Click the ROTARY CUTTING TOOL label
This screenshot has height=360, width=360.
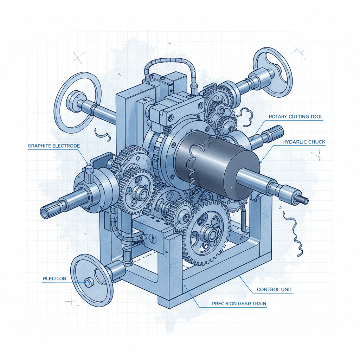coord(295,116)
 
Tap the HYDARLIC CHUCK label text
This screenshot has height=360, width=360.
coord(304,142)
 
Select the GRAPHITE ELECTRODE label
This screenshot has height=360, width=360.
coord(53,146)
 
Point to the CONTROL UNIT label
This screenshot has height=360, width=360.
coord(275,290)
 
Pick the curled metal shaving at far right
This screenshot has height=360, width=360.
coord(294,232)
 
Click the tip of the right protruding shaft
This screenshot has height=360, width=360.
coord(305,200)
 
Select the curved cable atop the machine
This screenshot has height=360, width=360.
coord(169,65)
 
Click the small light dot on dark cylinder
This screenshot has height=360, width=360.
coord(232,188)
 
